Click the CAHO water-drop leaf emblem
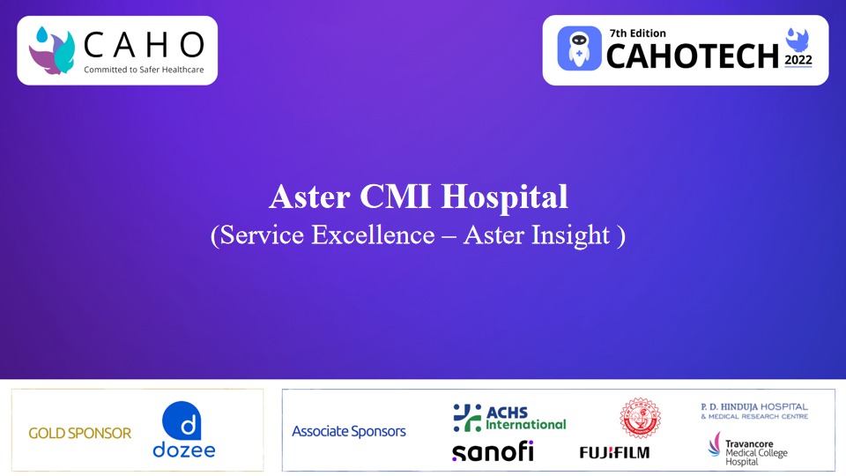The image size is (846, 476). point(52,49)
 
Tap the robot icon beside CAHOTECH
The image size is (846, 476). point(580,49)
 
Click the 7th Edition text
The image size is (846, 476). point(637,33)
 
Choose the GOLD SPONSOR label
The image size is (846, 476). point(79,433)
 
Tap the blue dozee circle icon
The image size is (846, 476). point(184,420)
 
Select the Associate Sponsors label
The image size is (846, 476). point(349,431)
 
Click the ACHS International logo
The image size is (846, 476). point(509,418)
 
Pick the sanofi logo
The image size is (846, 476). point(493,451)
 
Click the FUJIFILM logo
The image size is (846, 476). point(614,452)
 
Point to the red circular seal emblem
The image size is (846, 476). point(640,417)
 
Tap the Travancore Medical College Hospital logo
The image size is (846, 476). point(749,449)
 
